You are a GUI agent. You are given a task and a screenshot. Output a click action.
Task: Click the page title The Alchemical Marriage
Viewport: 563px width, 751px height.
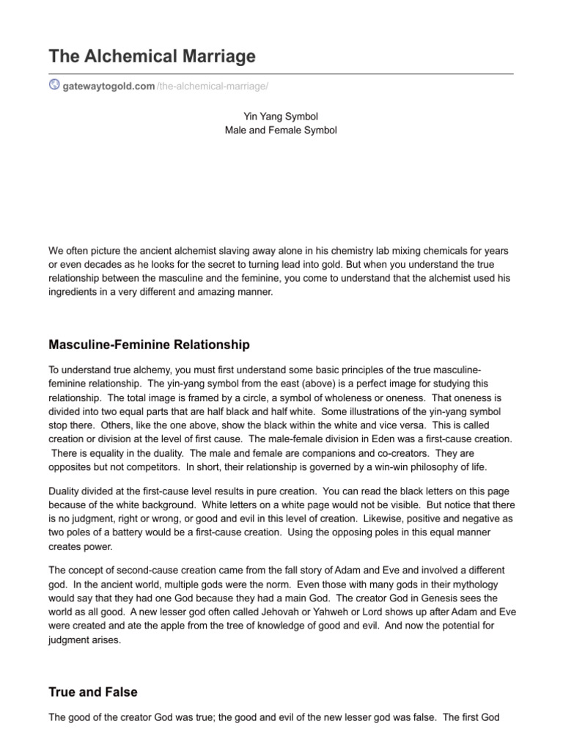tap(152, 56)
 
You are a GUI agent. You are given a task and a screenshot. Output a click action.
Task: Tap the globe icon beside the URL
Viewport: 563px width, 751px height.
tap(54, 85)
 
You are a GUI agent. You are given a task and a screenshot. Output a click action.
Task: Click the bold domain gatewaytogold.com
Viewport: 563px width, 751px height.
tap(108, 86)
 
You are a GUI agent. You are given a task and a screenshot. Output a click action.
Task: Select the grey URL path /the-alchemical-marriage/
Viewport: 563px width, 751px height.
tap(213, 86)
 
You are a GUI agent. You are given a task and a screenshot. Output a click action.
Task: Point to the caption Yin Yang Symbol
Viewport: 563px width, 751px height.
tap(281, 116)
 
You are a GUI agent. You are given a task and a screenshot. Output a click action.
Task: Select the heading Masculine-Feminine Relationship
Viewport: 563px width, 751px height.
tap(149, 344)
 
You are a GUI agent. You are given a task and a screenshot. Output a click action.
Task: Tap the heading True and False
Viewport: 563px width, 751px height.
tap(92, 692)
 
